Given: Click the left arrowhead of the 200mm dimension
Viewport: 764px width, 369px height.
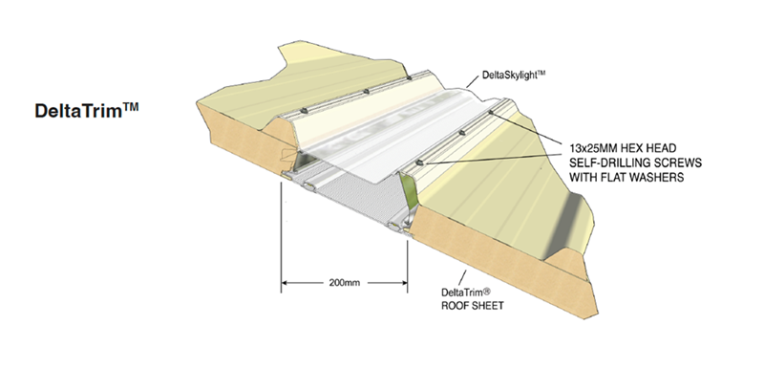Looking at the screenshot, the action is (x=285, y=284).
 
